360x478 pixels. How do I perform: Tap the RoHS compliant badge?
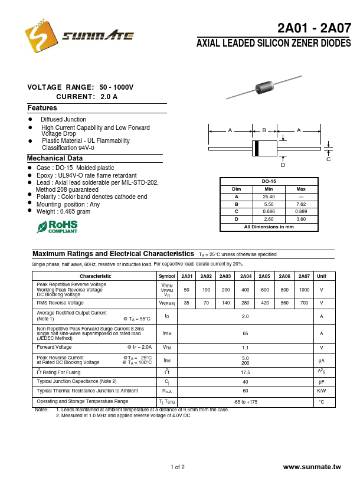pos(57,227)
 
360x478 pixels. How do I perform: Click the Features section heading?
pos(42,108)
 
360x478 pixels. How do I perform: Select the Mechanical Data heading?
pos(55,158)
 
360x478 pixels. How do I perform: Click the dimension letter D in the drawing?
pos(283,165)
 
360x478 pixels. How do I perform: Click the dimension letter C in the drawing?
pos(329,159)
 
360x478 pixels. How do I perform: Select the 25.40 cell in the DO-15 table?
pos(269,196)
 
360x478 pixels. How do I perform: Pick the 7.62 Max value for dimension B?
pos(301,204)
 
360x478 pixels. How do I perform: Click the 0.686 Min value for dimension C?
pos(269,211)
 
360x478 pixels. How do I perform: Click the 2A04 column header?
pos(246,276)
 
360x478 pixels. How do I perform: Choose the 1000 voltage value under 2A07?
pos(304,290)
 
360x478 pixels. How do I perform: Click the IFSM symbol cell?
pos(167,333)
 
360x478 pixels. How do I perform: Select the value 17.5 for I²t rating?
pos(246,372)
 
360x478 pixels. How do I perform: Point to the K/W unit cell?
pos(322,391)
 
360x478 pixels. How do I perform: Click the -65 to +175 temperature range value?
pos(246,401)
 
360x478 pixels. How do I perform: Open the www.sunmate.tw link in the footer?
pos(312,467)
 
